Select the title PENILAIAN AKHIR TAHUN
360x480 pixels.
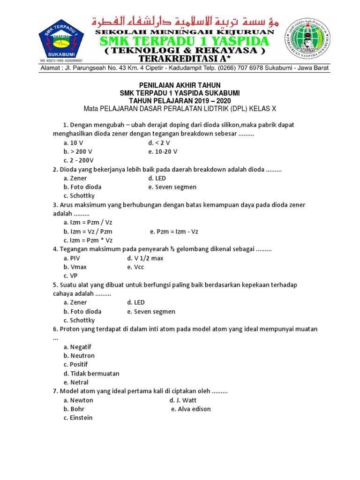pyautogui.click(x=180, y=85)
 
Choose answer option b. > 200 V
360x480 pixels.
pyautogui.click(x=78, y=151)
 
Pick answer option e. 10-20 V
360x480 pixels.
pyautogui.click(x=163, y=151)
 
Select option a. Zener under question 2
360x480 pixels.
pyautogui.click(x=75, y=178)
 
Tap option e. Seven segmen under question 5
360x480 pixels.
pyautogui.click(x=151, y=311)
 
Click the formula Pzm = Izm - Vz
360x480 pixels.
pyautogui.click(x=174, y=232)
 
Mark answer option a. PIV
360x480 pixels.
pyautogui.click(x=72, y=258)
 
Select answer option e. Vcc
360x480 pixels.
pyautogui.click(x=135, y=267)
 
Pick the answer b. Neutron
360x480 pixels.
pyautogui.click(x=79, y=356)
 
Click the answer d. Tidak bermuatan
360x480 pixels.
pyautogui.click(x=91, y=374)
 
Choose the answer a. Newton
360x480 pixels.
pyautogui.click(x=78, y=400)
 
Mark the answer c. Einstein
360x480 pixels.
pyautogui.click(x=78, y=418)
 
